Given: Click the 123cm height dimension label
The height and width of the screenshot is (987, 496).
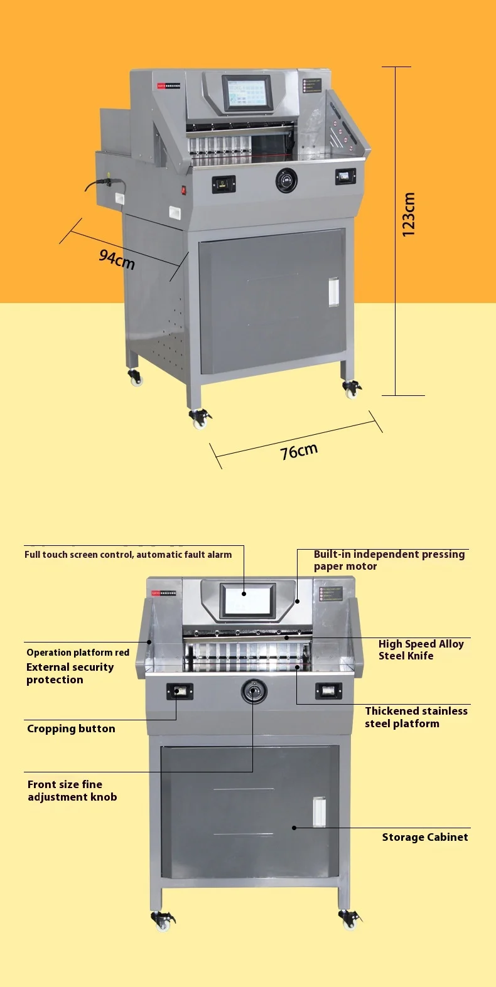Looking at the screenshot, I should (409, 215).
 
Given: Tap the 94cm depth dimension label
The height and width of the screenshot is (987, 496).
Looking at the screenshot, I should (117, 258).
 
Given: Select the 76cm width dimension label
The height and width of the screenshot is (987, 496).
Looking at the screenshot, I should (299, 451).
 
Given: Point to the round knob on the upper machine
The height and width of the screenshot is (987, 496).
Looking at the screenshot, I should (286, 180).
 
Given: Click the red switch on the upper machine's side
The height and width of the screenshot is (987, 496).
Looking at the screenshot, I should (184, 189).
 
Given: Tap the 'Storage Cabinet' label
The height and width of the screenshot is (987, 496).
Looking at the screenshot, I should (424, 837).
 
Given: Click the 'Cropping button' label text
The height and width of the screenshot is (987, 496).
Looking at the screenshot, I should (71, 728).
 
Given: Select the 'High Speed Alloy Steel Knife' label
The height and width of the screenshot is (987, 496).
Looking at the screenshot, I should (421, 649).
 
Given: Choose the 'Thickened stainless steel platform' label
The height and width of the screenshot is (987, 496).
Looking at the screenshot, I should (416, 717).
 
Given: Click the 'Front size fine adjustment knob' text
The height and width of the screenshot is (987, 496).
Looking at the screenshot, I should (72, 791).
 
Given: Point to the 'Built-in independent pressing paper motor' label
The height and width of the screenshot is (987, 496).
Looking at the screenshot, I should (389, 560).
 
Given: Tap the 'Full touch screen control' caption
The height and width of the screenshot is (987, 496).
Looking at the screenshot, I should (128, 555).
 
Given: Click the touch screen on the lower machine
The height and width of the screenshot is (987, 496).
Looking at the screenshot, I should (247, 599).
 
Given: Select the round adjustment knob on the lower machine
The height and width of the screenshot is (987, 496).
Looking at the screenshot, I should (254, 691).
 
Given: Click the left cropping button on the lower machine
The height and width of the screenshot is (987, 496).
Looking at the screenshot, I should (180, 691).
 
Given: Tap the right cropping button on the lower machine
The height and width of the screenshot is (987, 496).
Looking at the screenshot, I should (328, 691).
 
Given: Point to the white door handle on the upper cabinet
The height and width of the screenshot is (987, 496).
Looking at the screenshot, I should (333, 291).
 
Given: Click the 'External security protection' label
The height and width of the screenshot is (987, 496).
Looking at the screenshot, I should (70, 673).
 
